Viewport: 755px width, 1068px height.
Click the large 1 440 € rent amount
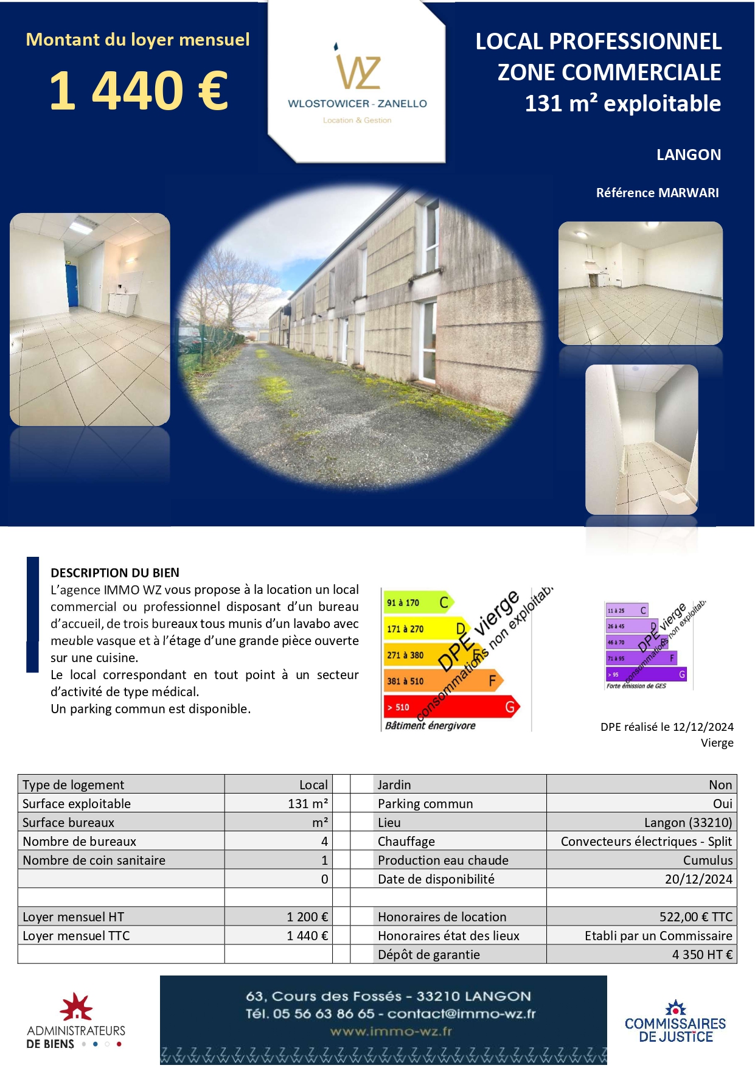point(138,91)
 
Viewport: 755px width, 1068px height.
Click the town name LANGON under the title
point(688,155)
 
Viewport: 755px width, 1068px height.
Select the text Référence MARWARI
point(657,193)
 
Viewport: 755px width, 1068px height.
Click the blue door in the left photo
point(72,285)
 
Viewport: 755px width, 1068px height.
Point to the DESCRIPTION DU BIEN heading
point(115,573)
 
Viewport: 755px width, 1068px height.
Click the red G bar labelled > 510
point(450,707)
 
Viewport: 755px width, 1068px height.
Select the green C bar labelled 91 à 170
point(417,602)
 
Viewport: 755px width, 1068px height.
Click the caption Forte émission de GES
point(636,686)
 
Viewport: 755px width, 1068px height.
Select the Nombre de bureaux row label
point(80,841)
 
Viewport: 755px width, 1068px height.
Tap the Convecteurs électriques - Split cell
point(646,841)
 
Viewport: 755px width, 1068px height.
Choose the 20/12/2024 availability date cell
point(698,879)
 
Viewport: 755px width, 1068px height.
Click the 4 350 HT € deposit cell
point(702,954)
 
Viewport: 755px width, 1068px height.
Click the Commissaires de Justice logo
point(675,1022)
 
